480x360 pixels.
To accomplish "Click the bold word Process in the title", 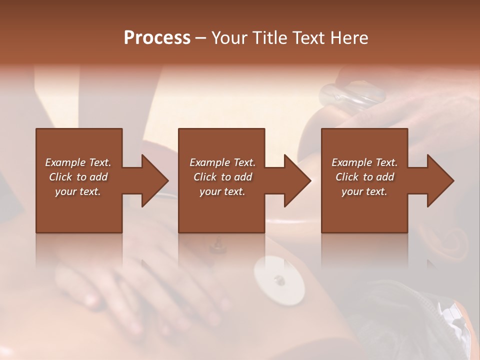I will tap(157, 38).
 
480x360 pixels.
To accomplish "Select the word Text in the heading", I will tap(309, 38).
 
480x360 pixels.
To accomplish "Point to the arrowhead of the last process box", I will tap(440, 180).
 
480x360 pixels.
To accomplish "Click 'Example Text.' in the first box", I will tap(78, 162).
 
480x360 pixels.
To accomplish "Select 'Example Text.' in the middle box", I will tap(222, 162).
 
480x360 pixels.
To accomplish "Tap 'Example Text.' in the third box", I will tap(364, 162).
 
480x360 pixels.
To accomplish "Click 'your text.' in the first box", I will tap(78, 191).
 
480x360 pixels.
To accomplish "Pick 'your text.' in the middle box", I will tap(222, 191).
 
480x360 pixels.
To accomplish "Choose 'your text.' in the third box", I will tap(364, 191).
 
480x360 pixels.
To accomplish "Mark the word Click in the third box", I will tap(347, 177).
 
